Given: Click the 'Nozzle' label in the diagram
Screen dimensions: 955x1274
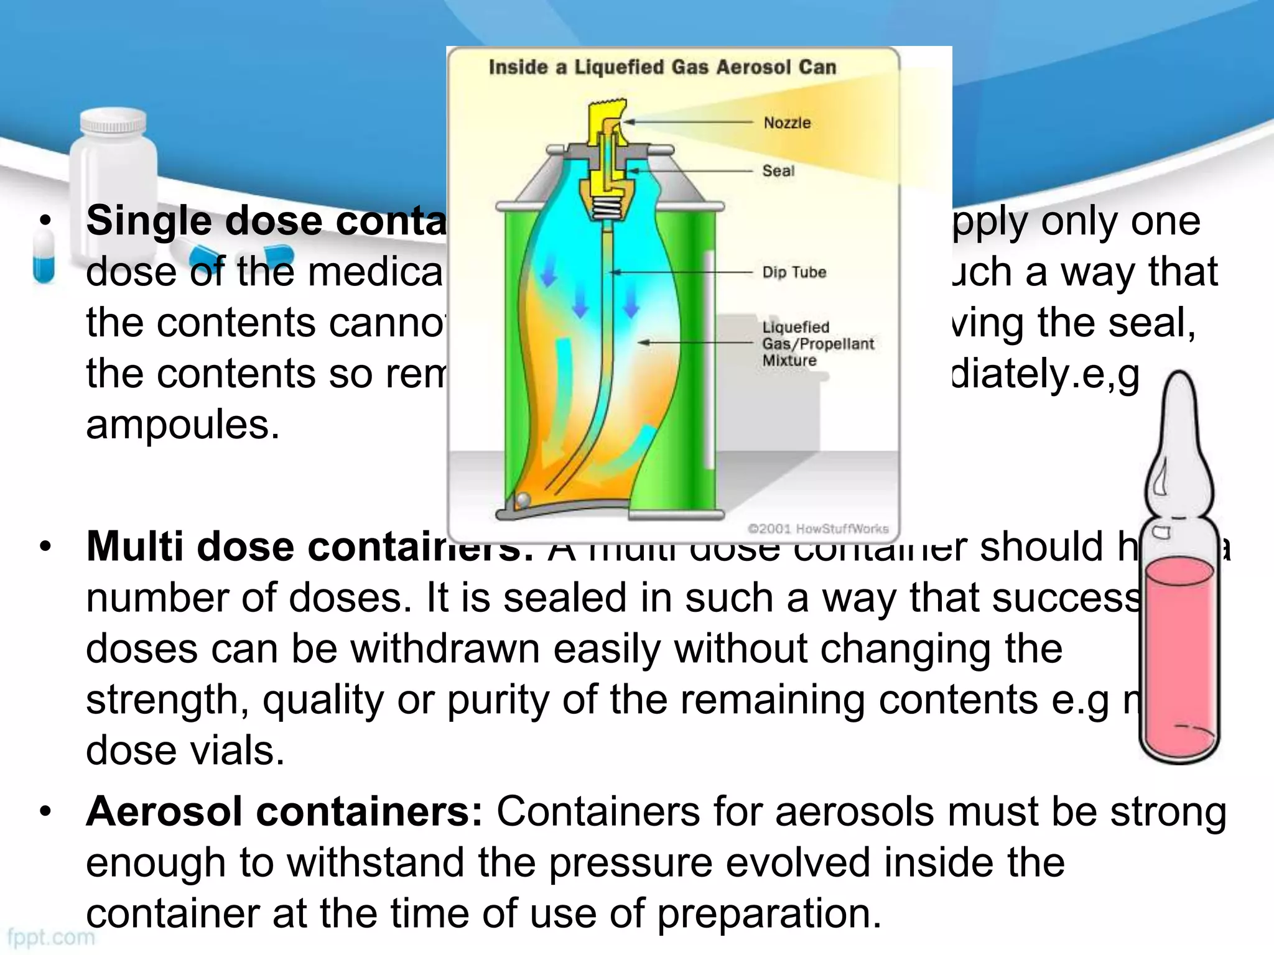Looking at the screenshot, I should (787, 122).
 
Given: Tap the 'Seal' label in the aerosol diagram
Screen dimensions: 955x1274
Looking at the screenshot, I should (778, 170).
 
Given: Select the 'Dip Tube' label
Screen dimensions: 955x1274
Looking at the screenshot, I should (794, 272).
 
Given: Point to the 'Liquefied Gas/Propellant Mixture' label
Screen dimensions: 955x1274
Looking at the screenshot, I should (817, 344).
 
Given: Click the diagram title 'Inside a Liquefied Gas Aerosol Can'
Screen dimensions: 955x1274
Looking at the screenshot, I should (662, 67).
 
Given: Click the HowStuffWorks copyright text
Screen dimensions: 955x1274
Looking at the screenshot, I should (817, 528).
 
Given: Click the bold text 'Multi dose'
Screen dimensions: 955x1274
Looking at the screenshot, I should (190, 547).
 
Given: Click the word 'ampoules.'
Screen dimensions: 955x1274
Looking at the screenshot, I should (183, 425).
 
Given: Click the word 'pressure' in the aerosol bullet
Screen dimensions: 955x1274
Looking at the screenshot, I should (631, 863).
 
